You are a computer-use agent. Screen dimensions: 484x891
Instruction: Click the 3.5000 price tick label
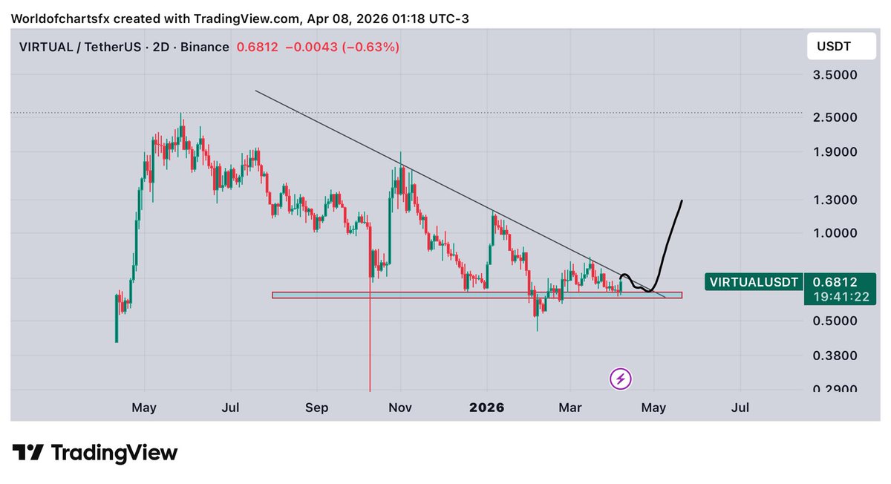pos(836,75)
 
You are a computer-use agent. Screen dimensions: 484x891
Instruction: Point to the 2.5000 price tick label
pos(836,117)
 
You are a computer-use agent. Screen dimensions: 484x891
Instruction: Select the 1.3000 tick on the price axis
pos(836,200)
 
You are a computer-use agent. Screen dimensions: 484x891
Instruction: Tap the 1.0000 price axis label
pos(836,233)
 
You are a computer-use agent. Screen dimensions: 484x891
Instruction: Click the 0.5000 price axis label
pos(836,321)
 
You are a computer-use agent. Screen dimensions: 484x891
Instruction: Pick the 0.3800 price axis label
pos(836,356)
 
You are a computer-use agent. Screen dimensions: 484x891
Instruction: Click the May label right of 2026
pos(654,408)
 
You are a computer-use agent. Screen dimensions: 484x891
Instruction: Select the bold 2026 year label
pos(487,408)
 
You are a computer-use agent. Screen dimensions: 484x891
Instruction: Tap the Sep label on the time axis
pos(317,408)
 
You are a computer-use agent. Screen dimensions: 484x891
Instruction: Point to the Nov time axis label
pos(401,408)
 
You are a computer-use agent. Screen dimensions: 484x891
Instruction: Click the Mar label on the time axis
pos(569,408)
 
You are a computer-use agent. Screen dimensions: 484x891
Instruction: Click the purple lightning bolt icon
pos(621,379)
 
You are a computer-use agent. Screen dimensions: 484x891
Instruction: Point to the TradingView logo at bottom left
pos(95,453)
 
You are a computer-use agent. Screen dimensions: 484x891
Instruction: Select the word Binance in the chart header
pos(204,47)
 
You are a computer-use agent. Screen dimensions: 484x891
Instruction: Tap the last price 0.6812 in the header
pos(256,47)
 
